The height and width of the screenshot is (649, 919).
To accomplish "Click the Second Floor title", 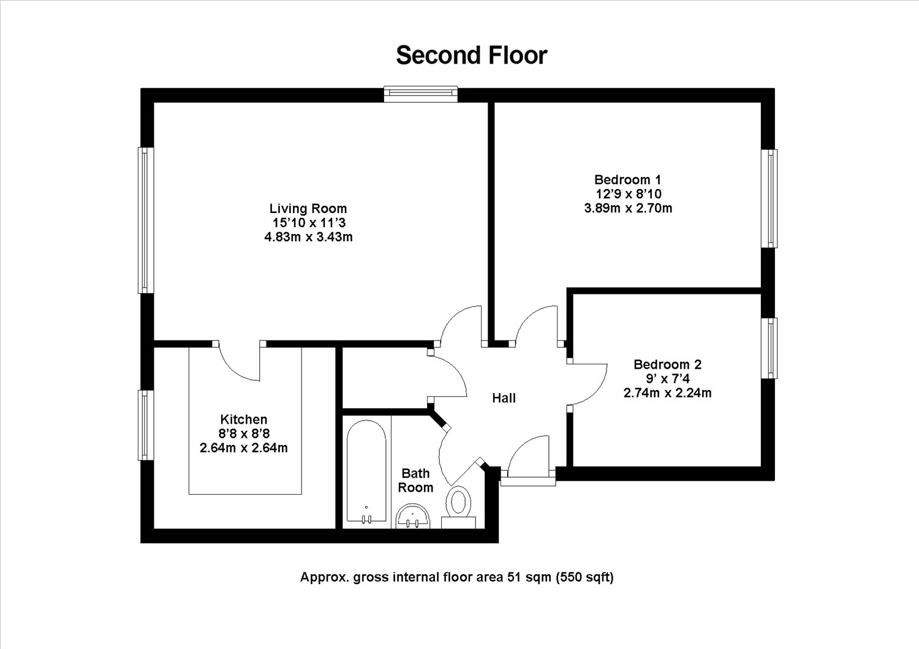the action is coord(471,55).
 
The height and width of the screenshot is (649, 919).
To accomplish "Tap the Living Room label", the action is coord(308,208).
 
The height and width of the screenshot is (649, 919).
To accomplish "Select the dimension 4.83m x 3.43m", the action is coord(309,237).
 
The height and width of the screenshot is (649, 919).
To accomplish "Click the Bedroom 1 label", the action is coord(628,179).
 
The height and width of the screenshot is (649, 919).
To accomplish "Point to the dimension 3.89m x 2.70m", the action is coord(628,208).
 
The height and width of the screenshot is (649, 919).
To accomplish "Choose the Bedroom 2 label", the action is coord(668,364).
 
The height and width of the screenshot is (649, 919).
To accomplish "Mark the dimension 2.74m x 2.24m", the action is coord(668,392).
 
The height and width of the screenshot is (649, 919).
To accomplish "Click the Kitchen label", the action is coord(244,419).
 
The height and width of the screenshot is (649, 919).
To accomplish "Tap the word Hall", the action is coord(504,398).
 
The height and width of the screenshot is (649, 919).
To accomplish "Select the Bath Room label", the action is coord(415,480).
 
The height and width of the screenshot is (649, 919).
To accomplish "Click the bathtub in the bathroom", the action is coord(366,471).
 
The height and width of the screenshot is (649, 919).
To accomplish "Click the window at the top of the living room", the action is coord(421,94).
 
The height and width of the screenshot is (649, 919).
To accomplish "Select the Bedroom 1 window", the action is coord(770,198).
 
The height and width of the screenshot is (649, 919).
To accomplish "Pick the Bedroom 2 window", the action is coord(770,348).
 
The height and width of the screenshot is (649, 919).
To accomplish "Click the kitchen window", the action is coord(146,425).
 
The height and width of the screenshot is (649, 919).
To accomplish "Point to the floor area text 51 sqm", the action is coord(529,577).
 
